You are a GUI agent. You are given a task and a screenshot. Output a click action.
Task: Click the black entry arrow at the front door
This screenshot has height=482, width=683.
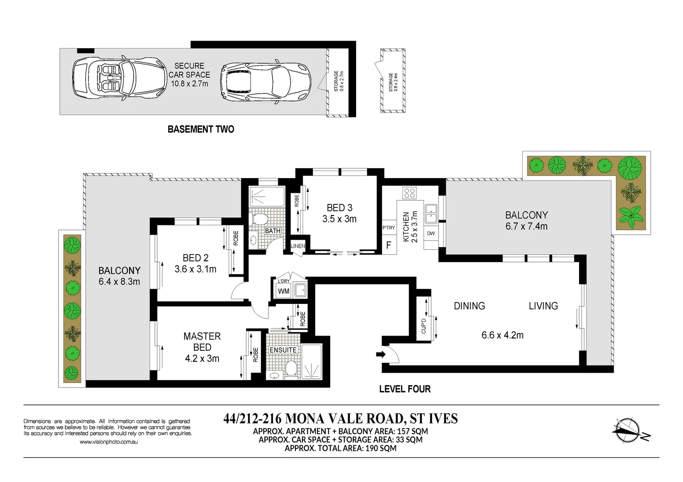381,354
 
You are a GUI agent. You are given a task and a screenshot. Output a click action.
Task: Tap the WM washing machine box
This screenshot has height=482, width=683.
284,291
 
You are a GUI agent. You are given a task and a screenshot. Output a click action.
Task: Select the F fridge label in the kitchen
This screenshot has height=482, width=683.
389,245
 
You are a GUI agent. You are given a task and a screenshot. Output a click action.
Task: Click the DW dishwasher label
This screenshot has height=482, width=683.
431,234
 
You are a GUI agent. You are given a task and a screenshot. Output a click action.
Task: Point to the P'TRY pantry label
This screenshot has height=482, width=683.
389,228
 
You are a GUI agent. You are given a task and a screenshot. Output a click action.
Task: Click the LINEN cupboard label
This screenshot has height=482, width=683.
298,246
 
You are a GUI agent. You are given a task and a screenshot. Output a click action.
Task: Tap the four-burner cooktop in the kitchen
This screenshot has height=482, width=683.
409,193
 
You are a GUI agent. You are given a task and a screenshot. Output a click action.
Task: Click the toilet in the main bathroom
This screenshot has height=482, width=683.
260,219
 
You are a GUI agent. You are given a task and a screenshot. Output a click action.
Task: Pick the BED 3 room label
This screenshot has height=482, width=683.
339,208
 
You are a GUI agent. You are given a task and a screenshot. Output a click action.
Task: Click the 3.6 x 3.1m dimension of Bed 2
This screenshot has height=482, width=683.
196,269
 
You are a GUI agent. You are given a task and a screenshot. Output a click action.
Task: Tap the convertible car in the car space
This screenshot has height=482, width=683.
120,78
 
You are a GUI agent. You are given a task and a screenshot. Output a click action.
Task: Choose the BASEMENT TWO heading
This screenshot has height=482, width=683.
201,129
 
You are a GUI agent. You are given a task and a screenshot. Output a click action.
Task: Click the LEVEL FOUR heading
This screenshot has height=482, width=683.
405,389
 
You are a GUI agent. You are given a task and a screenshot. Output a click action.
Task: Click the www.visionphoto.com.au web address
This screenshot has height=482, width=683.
109,442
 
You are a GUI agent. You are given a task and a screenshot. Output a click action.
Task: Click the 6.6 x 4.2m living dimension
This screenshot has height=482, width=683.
503,335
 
